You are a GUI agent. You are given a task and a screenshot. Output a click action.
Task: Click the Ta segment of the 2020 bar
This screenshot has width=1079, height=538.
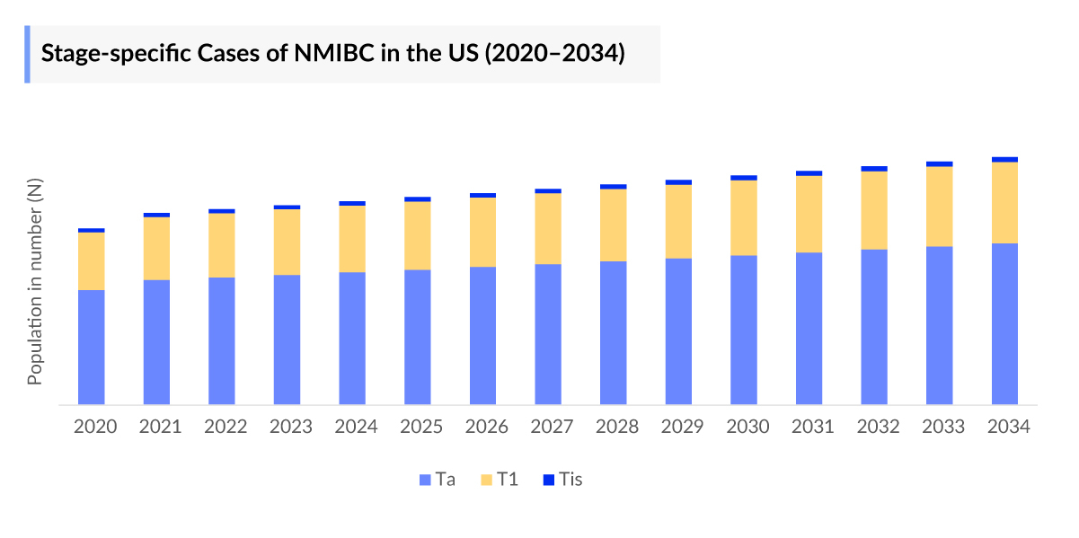(x=92, y=347)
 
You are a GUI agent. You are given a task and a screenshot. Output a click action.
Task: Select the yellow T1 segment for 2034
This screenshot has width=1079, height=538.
(x=1004, y=202)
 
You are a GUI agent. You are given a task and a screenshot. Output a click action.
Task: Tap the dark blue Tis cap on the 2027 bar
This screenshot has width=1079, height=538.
(x=548, y=191)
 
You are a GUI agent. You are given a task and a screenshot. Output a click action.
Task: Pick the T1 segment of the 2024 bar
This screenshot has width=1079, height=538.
(x=352, y=239)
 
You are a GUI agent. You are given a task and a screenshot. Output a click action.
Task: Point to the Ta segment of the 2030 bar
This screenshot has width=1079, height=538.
(x=744, y=330)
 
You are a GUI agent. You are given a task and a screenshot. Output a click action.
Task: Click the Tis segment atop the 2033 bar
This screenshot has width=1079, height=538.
(x=939, y=164)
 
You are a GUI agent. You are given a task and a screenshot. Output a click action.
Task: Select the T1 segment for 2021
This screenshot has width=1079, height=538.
(x=156, y=249)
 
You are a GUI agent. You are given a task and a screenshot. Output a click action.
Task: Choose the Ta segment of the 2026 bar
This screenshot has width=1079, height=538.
(x=482, y=335)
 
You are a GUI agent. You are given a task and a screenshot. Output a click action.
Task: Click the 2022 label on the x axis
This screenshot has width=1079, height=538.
(x=226, y=427)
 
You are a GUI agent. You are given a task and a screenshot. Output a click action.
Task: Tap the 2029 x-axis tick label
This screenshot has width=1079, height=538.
(x=682, y=427)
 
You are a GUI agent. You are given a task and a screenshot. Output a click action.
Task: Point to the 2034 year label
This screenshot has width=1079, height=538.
(x=1008, y=427)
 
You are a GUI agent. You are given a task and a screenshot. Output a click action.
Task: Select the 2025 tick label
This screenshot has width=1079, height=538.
(x=421, y=427)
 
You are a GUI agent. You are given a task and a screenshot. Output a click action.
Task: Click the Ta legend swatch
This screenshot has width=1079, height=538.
(x=425, y=480)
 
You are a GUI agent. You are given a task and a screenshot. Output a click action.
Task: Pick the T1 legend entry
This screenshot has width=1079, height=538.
(x=500, y=480)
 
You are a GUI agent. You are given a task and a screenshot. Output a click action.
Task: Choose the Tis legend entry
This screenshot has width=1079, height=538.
(x=562, y=480)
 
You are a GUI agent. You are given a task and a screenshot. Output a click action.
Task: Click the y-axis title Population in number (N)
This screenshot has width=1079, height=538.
(x=35, y=282)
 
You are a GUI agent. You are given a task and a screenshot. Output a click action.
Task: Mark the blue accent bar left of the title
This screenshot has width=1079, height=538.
(x=27, y=54)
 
